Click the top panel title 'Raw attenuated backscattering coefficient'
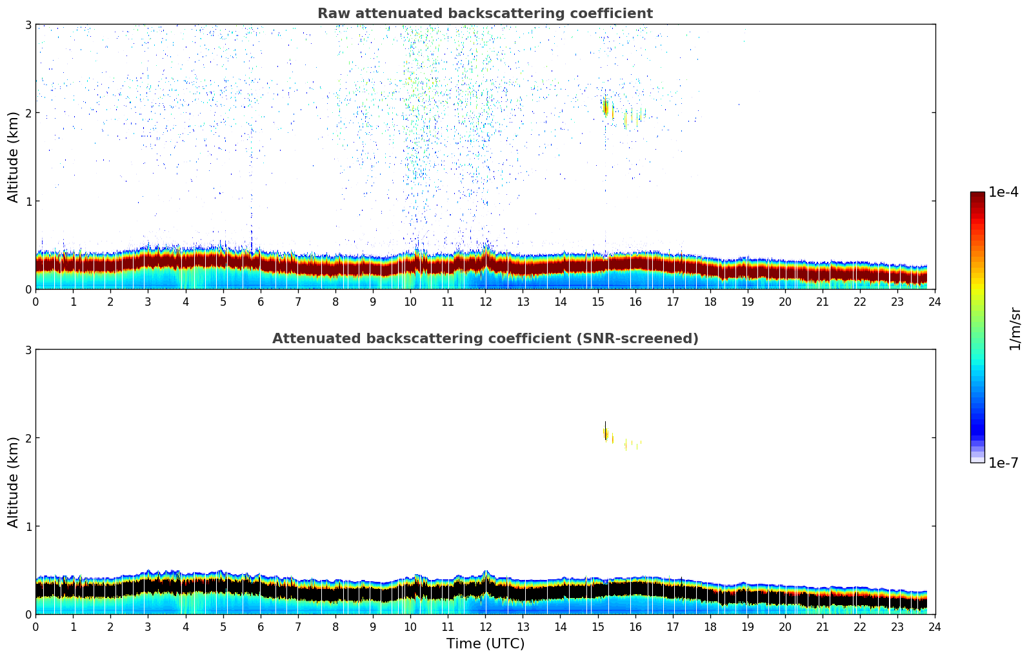pos(485,14)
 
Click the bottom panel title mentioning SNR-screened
pos(485,339)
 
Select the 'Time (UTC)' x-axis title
pos(485,644)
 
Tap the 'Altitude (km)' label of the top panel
pos(14,157)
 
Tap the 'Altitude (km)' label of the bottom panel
pos(14,482)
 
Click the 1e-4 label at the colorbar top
pos(1003,192)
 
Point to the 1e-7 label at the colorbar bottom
pos(1003,463)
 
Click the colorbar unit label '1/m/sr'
pos(1015,328)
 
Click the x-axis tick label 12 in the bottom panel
pos(485,626)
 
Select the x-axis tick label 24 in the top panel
pos(935,301)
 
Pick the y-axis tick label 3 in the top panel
pos(28,25)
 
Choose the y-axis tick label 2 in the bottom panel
pos(28,438)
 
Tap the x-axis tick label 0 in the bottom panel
pos(35,626)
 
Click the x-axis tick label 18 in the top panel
pos(710,301)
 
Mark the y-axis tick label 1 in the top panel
pos(28,201)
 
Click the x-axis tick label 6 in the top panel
pos(261,301)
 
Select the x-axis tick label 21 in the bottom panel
pos(823,626)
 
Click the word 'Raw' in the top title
pos(331,14)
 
